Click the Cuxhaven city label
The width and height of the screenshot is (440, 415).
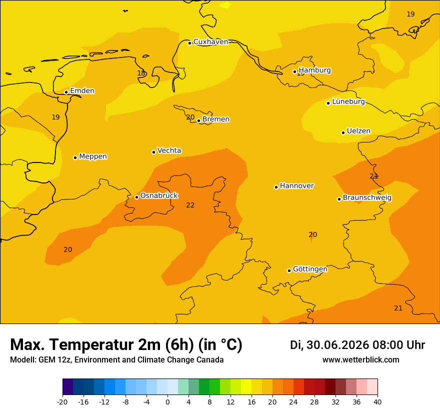[210, 42]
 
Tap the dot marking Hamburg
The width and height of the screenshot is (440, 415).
[294, 72]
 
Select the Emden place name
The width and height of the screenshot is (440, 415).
[82, 90]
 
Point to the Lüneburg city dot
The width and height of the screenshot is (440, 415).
[328, 103]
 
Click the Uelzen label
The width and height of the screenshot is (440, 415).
[358, 131]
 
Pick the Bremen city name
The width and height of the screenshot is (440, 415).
[216, 119]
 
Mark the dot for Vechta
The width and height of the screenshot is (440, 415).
[153, 152]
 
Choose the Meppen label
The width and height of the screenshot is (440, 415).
[93, 156]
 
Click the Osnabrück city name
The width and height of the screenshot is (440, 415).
[159, 195]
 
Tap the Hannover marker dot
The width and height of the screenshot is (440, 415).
[276, 187]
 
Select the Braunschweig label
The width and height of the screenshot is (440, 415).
[367, 197]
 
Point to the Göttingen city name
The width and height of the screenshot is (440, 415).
[310, 269]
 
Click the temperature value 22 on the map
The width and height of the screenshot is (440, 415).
[190, 205]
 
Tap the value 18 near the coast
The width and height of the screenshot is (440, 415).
[141, 73]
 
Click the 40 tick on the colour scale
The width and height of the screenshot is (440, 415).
[377, 402]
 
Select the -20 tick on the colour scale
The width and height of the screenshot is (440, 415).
[62, 402]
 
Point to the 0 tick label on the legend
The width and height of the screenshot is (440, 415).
[167, 402]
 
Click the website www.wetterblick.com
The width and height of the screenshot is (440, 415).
[361, 359]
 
